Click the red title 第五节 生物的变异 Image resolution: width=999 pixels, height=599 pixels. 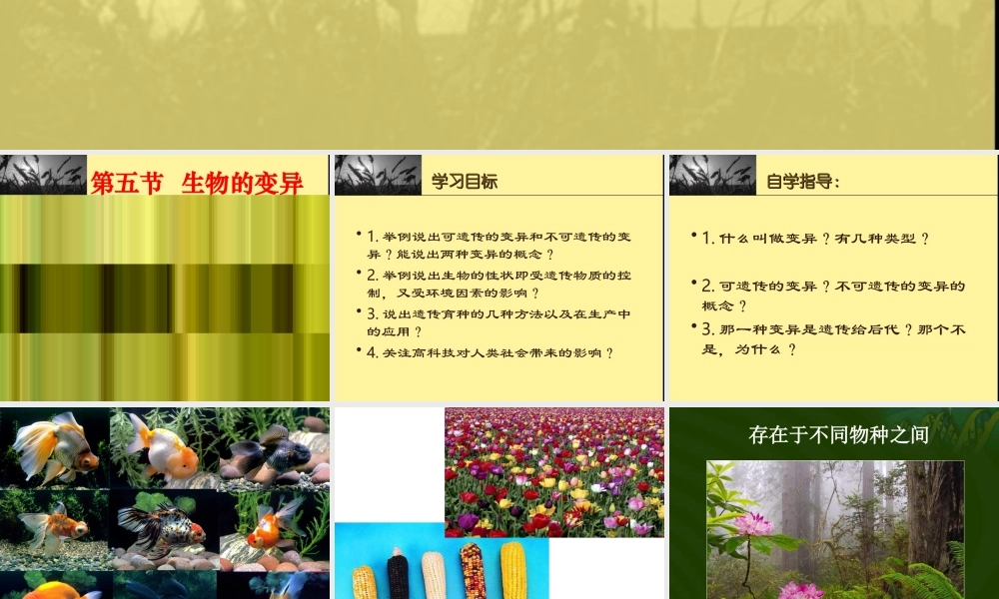coord(197,183)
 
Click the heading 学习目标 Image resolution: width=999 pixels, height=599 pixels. coord(465,182)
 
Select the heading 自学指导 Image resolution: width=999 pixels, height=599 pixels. coord(802,182)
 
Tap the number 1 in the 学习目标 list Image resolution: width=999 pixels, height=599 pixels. coord(372,237)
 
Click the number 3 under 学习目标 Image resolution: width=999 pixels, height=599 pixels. coord(372,313)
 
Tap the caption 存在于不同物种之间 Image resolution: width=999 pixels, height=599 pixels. coord(838,434)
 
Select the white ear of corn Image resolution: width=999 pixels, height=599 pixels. coord(434,576)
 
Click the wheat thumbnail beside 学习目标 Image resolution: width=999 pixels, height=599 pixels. coord(364,175)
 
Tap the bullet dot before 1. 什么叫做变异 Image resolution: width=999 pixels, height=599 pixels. coord(694,236)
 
